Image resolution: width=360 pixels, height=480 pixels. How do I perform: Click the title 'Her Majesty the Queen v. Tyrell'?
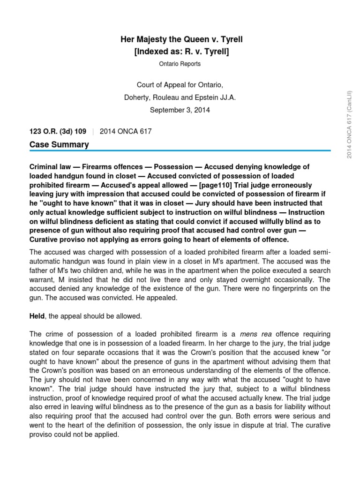click(x=181, y=40)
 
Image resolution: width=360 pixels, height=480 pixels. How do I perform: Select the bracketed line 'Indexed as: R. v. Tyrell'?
click(x=181, y=51)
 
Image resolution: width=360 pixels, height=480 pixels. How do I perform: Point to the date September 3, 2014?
click(x=180, y=110)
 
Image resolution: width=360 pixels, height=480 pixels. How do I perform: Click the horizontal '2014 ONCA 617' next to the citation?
click(x=126, y=131)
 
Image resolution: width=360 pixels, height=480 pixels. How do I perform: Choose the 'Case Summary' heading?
click(x=59, y=144)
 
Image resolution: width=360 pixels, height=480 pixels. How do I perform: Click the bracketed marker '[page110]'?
click(x=215, y=185)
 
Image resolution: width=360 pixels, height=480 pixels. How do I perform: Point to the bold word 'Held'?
click(x=37, y=316)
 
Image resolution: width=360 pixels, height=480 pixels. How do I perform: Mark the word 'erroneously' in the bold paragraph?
click(x=292, y=185)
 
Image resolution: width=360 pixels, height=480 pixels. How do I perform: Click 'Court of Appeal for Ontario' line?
click(x=180, y=85)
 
